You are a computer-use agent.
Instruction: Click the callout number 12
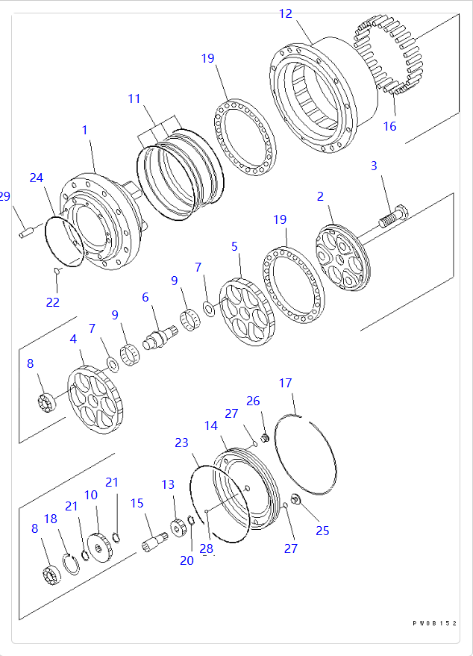(286, 13)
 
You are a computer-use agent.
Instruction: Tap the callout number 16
(389, 126)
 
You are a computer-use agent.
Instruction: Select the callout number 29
(4, 196)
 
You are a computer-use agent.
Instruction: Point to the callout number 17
(286, 384)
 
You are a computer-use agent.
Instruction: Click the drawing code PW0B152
(434, 623)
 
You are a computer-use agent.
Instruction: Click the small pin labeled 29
(25, 234)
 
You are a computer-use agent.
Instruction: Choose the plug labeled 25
(294, 500)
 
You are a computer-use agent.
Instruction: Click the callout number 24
(37, 178)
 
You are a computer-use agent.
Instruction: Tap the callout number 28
(206, 549)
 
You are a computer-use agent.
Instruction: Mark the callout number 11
(134, 99)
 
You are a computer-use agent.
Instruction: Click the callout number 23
(181, 443)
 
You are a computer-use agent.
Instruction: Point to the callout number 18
(51, 519)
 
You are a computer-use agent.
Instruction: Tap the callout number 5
(234, 246)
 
